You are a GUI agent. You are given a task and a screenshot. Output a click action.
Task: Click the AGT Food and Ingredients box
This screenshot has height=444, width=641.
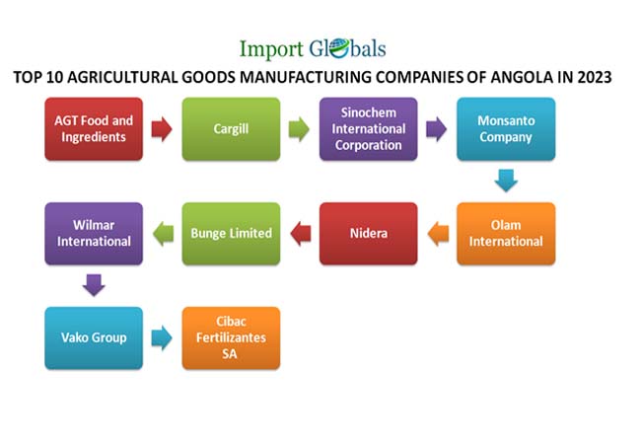click(x=94, y=129)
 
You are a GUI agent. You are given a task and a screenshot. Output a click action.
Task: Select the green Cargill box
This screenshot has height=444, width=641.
click(x=231, y=129)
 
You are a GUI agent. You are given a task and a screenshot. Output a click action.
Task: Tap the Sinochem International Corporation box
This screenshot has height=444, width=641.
click(x=368, y=129)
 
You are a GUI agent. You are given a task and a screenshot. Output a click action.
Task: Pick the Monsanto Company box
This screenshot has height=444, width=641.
click(x=506, y=129)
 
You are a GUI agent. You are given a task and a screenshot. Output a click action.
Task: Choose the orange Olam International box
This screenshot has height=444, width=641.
click(x=506, y=234)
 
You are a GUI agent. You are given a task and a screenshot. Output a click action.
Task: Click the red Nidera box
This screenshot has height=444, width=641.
click(x=368, y=234)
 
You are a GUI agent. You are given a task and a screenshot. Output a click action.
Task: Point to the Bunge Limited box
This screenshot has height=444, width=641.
click(x=231, y=234)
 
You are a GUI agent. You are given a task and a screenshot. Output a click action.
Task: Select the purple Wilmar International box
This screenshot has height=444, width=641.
click(x=94, y=234)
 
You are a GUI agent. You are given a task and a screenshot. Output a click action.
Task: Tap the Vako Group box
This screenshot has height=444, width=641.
click(x=94, y=337)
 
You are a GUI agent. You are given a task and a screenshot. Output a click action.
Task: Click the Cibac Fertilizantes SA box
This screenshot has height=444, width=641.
click(x=231, y=337)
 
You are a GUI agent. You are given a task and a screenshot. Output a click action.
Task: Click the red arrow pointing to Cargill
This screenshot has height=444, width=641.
click(x=162, y=129)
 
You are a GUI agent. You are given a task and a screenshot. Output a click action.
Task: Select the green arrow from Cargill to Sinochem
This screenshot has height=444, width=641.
click(x=299, y=129)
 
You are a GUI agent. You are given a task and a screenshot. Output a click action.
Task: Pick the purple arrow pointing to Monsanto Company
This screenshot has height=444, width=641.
click(x=436, y=129)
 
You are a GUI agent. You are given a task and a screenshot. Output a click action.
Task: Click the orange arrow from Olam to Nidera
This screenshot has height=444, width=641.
click(x=437, y=234)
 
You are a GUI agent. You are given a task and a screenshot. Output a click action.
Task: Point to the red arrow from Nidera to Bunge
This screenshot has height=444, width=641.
click(x=300, y=234)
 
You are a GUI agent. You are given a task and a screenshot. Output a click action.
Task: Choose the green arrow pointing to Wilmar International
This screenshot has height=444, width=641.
click(x=163, y=234)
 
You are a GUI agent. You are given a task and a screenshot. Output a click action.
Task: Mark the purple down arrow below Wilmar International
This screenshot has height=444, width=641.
click(x=94, y=286)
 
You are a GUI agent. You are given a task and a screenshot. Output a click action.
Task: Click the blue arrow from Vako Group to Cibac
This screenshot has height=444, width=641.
click(x=162, y=337)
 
